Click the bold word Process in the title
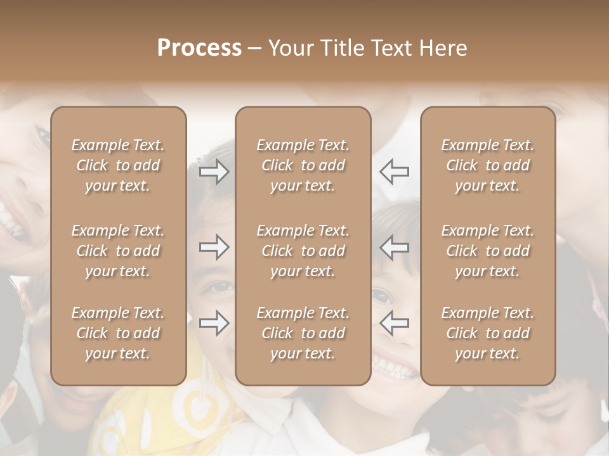click(199, 48)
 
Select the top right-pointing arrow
click(214, 172)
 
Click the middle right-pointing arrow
click(214, 247)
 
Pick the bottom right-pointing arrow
click(214, 323)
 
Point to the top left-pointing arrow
click(394, 172)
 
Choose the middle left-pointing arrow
click(394, 247)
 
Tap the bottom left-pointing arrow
click(394, 323)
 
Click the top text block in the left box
click(118, 165)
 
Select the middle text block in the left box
click(118, 251)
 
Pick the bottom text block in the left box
click(118, 333)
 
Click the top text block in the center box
click(303, 165)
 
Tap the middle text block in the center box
click(303, 251)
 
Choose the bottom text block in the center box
click(303, 333)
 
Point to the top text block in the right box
click(488, 165)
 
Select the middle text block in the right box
click(488, 251)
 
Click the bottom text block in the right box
click(488, 333)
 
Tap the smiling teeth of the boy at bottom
click(395, 366)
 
